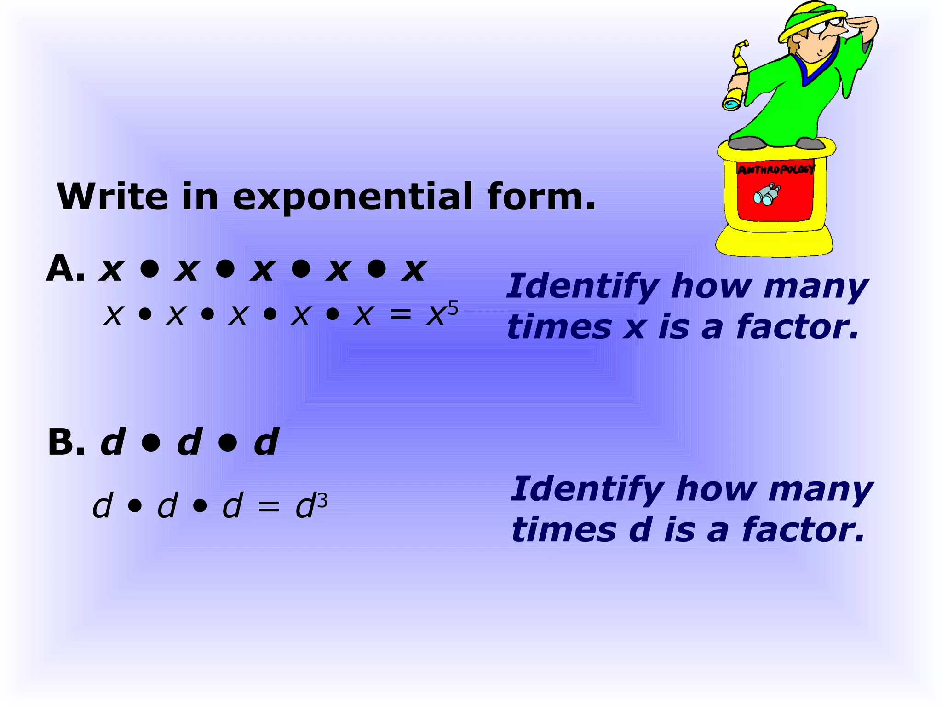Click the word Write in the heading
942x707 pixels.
click(112, 197)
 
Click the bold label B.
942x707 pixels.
click(66, 442)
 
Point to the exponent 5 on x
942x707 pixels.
click(453, 307)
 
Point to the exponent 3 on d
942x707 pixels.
click(322, 500)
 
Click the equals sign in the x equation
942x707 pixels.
click(399, 315)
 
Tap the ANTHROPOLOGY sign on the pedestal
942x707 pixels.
click(775, 169)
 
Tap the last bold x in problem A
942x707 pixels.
click(414, 269)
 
